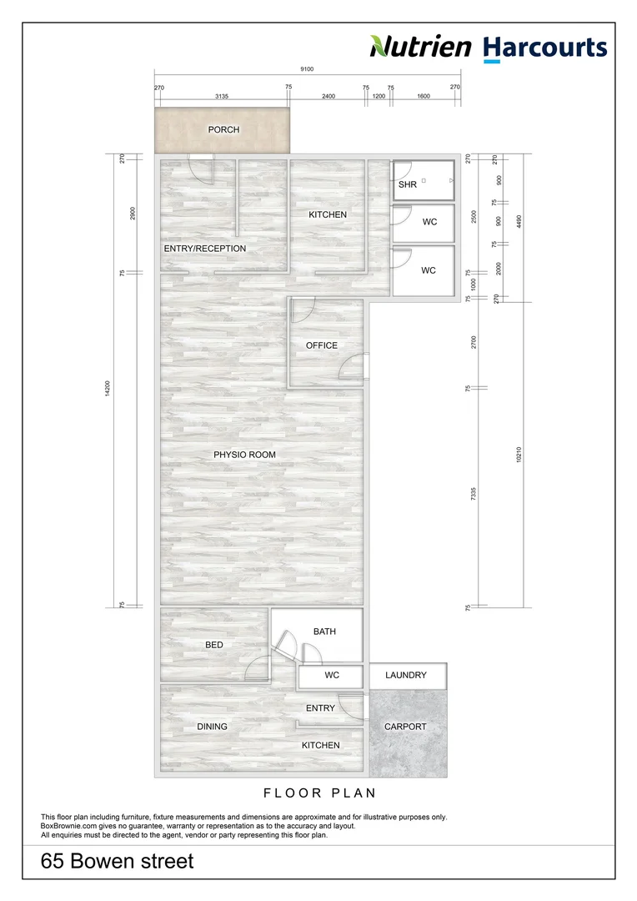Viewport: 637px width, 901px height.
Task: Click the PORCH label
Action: click(x=223, y=129)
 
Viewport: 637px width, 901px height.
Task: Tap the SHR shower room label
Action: click(x=408, y=184)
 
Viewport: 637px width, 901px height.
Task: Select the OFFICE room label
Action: click(x=322, y=345)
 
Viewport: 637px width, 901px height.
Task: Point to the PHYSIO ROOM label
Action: click(x=244, y=455)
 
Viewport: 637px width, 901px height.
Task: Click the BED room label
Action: click(x=214, y=645)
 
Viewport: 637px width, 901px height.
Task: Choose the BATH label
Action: click(x=324, y=632)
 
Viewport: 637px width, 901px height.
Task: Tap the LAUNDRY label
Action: click(x=406, y=675)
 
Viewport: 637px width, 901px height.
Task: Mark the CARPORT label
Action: click(x=405, y=727)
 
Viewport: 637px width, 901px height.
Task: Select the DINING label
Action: click(x=212, y=727)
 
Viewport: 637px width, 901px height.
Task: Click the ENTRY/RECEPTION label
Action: click(x=205, y=249)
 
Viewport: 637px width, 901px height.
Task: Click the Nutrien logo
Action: click(x=420, y=47)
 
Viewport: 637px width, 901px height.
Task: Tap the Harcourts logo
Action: click(x=545, y=48)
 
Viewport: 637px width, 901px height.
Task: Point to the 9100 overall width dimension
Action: click(x=308, y=70)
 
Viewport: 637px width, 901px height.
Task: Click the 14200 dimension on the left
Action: click(x=108, y=390)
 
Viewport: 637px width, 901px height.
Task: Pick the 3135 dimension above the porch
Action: click(x=222, y=97)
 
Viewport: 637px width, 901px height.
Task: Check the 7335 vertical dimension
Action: click(x=474, y=493)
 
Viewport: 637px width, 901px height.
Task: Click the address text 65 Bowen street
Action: click(x=118, y=861)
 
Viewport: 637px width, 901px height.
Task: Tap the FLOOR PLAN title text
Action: click(x=319, y=793)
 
